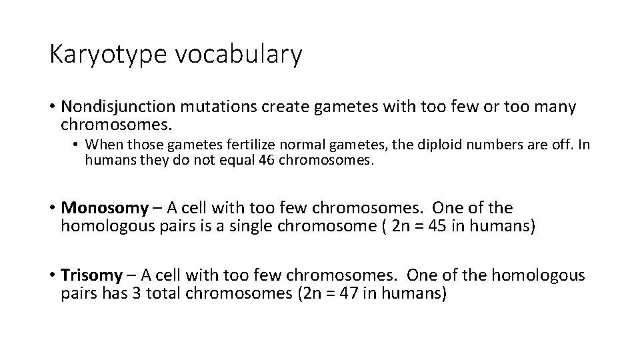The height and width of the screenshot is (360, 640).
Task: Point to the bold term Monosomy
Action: pos(105,208)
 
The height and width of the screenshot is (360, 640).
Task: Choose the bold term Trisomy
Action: pos(92,275)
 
